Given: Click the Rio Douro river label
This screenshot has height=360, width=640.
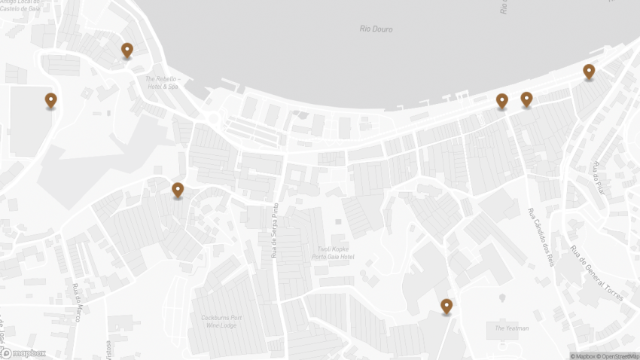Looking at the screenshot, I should pos(376,29).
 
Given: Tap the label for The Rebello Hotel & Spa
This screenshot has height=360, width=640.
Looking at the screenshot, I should pos(162,83).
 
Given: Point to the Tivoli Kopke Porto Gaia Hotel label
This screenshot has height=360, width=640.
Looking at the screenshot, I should pos(333,253).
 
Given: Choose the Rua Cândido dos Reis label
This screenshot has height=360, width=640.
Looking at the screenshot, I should pos(541,238).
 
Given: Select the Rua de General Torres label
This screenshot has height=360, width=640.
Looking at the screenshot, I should pos(596,273).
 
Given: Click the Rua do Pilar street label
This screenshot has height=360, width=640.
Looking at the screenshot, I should pos(599,178).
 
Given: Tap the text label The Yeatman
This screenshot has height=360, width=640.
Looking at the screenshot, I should pos(512,328).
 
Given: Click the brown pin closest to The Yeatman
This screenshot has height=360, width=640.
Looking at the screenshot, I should pos(446,306).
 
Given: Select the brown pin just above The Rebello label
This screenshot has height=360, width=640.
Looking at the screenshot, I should pos(127,50).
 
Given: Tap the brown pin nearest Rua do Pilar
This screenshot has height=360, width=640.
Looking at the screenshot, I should pos(589,71).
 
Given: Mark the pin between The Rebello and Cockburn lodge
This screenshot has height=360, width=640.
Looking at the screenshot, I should pos(178,190).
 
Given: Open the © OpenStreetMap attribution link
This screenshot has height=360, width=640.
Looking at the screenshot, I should pos(617,356).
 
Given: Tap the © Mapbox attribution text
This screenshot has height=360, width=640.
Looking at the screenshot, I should pos(583,356).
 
